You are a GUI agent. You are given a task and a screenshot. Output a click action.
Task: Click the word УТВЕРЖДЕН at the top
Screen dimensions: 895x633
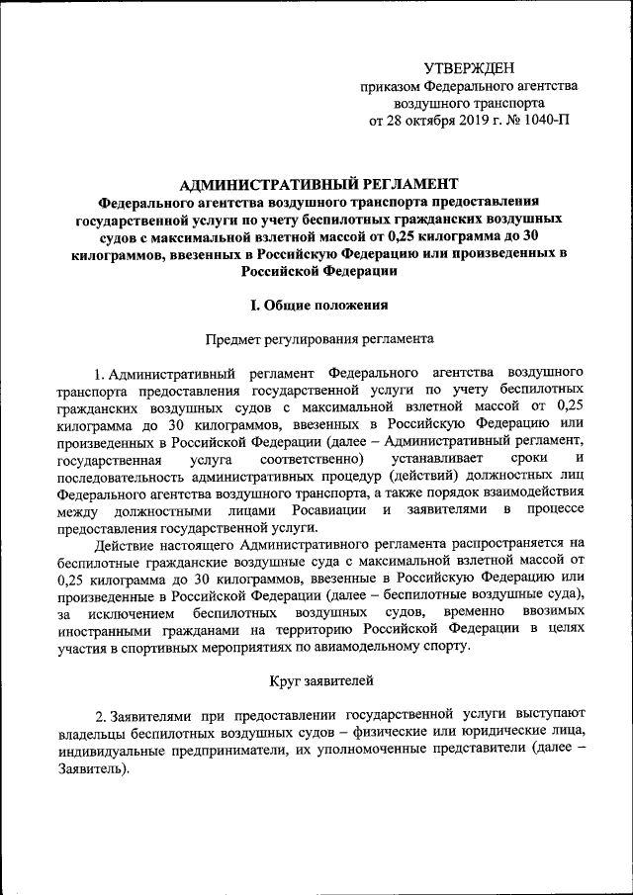tap(469, 68)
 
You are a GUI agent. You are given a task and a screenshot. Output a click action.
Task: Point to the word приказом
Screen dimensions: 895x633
tap(396, 86)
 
